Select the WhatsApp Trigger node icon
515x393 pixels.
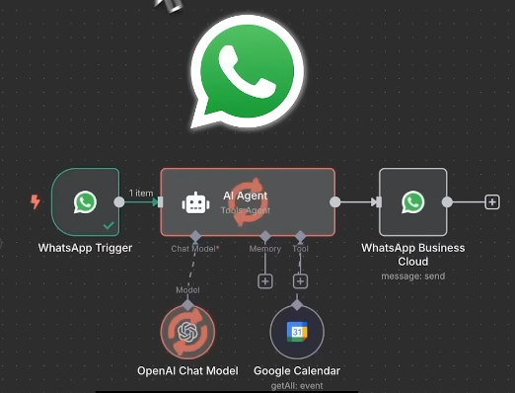coord(86,202)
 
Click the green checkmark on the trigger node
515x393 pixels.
coord(108,226)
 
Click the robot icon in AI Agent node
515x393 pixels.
coord(195,202)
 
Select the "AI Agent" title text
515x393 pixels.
coord(245,196)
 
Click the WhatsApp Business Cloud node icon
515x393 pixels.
coord(412,202)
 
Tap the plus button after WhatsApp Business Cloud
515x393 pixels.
coord(491,202)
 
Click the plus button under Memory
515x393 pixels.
coord(264,281)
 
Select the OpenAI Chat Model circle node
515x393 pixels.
coord(186,333)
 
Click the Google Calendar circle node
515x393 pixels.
coord(297,333)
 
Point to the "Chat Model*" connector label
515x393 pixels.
coord(195,250)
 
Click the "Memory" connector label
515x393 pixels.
coord(264,250)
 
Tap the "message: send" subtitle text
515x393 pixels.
coord(412,276)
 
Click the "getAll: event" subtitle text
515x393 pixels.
coord(297,386)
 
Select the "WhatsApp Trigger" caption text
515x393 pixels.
coord(85,248)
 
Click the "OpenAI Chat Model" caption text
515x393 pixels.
coord(187,371)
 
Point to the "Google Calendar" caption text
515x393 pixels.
coord(297,371)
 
